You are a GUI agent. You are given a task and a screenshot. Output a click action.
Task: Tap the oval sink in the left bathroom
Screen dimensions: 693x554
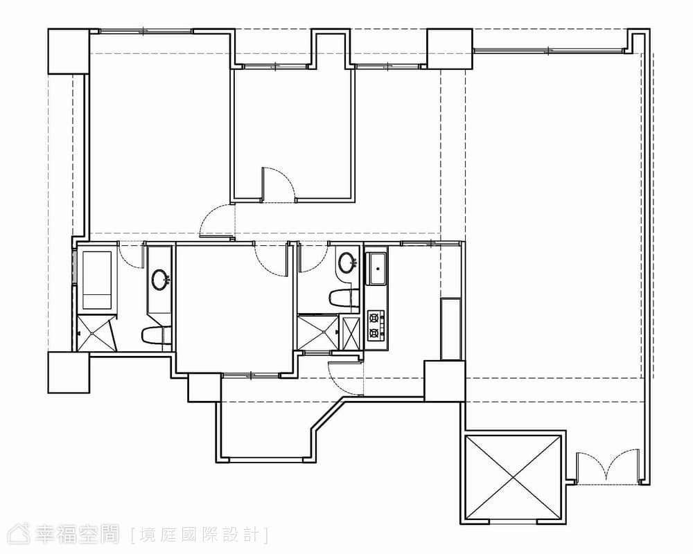(x=160, y=279)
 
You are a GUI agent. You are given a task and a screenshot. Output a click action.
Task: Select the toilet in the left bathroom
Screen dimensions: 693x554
(x=155, y=336)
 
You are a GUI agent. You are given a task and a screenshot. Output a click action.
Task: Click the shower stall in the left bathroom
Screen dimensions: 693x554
(x=96, y=332)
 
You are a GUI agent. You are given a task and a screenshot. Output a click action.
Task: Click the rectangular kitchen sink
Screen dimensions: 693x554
(x=376, y=269)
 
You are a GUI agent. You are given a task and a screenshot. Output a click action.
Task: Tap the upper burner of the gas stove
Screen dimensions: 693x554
(x=375, y=316)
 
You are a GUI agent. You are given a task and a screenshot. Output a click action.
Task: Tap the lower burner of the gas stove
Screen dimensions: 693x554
(x=375, y=332)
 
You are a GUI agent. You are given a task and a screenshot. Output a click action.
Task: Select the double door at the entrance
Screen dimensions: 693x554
(x=608, y=467)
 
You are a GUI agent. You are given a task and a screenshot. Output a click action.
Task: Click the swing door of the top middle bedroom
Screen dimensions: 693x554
(x=279, y=184)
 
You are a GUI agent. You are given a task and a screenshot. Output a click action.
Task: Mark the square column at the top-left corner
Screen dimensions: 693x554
(x=69, y=51)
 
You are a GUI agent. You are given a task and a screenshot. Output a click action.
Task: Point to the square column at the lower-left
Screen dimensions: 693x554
(x=69, y=373)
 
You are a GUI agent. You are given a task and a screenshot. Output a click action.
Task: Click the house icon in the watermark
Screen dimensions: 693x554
(x=18, y=534)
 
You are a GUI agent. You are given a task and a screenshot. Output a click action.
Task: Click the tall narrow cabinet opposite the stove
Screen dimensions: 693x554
(x=450, y=329)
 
